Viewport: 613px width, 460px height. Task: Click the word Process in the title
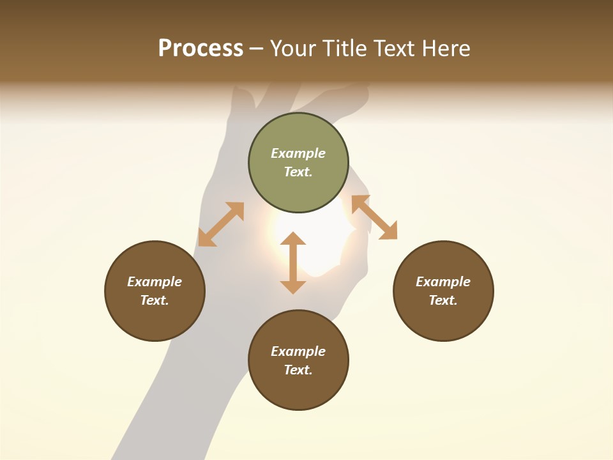point(201,49)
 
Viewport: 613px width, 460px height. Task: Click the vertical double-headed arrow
point(293,263)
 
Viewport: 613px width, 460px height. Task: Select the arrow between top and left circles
point(221,224)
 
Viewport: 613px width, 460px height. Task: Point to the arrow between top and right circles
point(374,217)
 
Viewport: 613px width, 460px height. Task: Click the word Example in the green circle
point(298,153)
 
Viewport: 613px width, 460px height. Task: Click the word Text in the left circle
point(155,300)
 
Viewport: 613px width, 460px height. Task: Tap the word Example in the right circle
point(443,282)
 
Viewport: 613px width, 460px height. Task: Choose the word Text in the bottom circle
point(298,370)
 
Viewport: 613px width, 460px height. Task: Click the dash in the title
point(256,49)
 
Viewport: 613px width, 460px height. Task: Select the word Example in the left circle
point(155,282)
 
